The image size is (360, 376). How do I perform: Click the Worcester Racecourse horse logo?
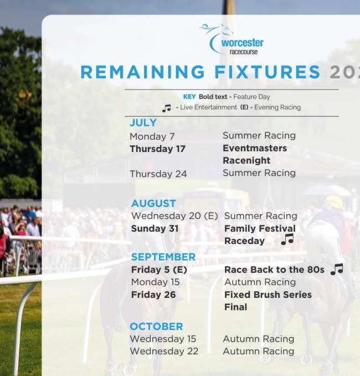click(x=232, y=39)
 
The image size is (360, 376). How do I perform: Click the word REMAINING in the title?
click(x=143, y=72)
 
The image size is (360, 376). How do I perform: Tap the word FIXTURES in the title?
click(x=268, y=72)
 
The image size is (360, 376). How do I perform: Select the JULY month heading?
click(x=143, y=123)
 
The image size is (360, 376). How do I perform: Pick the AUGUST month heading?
click(x=153, y=204)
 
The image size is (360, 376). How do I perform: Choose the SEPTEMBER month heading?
click(x=163, y=257)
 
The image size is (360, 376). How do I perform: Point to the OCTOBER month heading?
click(x=156, y=326)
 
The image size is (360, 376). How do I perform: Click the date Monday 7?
click(x=152, y=136)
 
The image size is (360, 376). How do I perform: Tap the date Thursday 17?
click(x=158, y=149)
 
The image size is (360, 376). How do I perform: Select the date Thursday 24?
click(x=158, y=174)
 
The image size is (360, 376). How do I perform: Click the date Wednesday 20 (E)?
click(x=174, y=216)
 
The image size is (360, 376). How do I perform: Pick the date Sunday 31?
click(x=155, y=228)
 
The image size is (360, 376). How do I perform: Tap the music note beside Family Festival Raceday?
click(x=287, y=239)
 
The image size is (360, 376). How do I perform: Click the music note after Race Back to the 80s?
click(x=337, y=269)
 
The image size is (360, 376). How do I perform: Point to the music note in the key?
click(x=167, y=108)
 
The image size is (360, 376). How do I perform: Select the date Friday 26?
click(x=153, y=294)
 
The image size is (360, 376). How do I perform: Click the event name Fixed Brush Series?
click(x=268, y=294)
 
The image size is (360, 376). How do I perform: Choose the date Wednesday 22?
click(x=164, y=351)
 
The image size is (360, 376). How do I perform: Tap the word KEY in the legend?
click(x=189, y=96)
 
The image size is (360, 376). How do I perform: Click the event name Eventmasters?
click(x=255, y=148)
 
